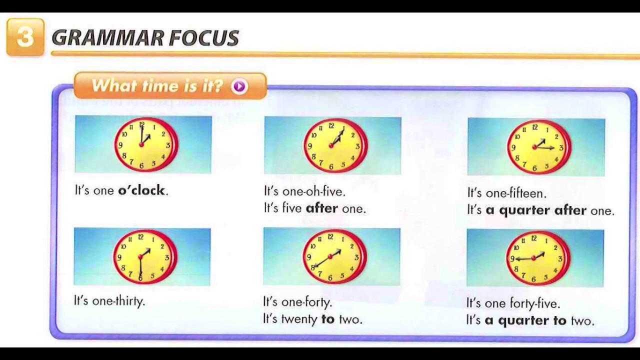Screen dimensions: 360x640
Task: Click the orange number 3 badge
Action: coord(25,37)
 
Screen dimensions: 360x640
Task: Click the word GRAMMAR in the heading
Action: coord(107,38)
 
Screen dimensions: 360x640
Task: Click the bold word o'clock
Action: coord(141,190)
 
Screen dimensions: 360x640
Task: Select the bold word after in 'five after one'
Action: coord(321,208)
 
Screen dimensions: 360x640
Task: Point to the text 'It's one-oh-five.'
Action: coord(304,191)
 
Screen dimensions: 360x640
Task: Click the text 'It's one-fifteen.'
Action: coord(506,193)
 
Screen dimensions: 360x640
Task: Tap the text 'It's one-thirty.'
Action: coord(109,301)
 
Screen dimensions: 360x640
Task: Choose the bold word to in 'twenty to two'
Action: coord(328,319)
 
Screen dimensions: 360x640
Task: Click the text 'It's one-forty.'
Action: coord(297,302)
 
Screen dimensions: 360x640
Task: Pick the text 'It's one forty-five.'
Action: coord(513,303)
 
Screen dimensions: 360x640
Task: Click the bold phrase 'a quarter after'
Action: coord(536,210)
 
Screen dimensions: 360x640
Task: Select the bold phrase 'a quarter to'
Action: coord(525,320)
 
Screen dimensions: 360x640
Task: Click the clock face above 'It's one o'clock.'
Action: coord(145,144)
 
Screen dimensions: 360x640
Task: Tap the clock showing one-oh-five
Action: coord(334,146)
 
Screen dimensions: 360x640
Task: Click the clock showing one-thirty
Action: coord(144,257)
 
